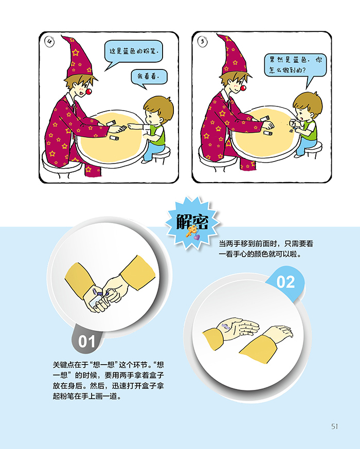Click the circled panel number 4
pos(49,42)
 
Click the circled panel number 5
pos(203,42)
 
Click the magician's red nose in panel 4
pos(88,92)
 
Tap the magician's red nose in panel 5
pos(243,87)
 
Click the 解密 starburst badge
pos(192,223)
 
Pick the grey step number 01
pos(86,342)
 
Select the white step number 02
pos(285,282)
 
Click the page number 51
pos(334,426)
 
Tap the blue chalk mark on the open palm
pos(225,327)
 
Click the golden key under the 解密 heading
pos(191,231)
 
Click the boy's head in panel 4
pos(158,110)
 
